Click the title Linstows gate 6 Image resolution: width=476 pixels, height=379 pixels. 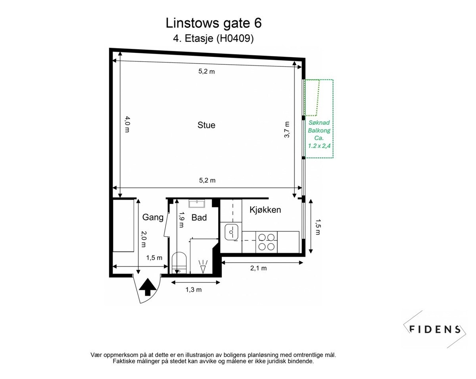click(213, 23)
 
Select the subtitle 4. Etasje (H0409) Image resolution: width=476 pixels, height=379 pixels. click(213, 39)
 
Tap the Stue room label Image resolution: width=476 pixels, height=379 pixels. click(206, 125)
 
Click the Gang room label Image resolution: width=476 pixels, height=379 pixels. click(153, 217)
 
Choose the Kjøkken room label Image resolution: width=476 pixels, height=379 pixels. click(265, 210)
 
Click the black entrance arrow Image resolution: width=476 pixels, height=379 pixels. click(148, 287)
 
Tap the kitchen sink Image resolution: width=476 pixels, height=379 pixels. click(231, 232)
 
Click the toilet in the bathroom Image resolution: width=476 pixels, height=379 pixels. click(180, 263)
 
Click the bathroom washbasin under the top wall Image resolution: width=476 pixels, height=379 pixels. click(196, 203)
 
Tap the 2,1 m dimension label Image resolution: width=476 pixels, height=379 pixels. click(258, 268)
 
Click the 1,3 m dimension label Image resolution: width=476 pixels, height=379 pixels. click(194, 290)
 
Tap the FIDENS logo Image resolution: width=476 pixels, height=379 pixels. click(435, 329)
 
